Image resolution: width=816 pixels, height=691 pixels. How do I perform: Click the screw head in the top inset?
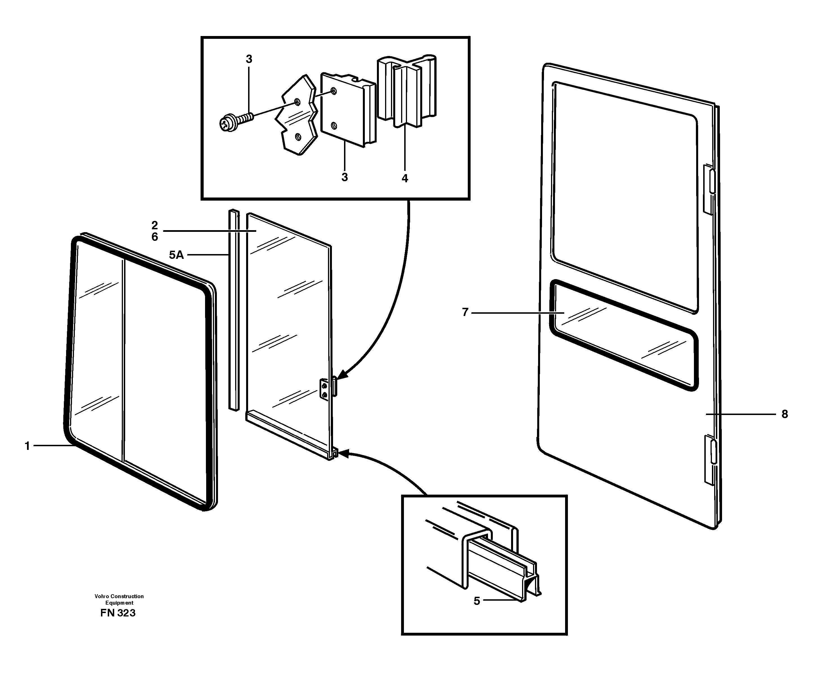226,124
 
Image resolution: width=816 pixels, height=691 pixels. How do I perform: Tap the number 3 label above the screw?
249,59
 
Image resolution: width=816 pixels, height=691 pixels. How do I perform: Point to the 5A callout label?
176,255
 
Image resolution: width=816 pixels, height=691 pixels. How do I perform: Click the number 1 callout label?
27,446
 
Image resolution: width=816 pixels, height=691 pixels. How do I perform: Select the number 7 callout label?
465,312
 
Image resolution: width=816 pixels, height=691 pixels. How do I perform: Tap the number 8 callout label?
784,414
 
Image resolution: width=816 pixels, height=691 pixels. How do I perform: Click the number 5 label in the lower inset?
476,601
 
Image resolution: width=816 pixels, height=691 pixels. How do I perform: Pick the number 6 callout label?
155,237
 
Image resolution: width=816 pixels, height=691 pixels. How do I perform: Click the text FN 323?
118,613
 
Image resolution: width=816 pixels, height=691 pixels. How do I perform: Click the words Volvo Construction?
119,596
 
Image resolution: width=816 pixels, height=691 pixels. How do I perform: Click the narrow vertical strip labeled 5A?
234,309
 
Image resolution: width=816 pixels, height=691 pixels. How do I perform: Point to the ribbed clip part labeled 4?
407,90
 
